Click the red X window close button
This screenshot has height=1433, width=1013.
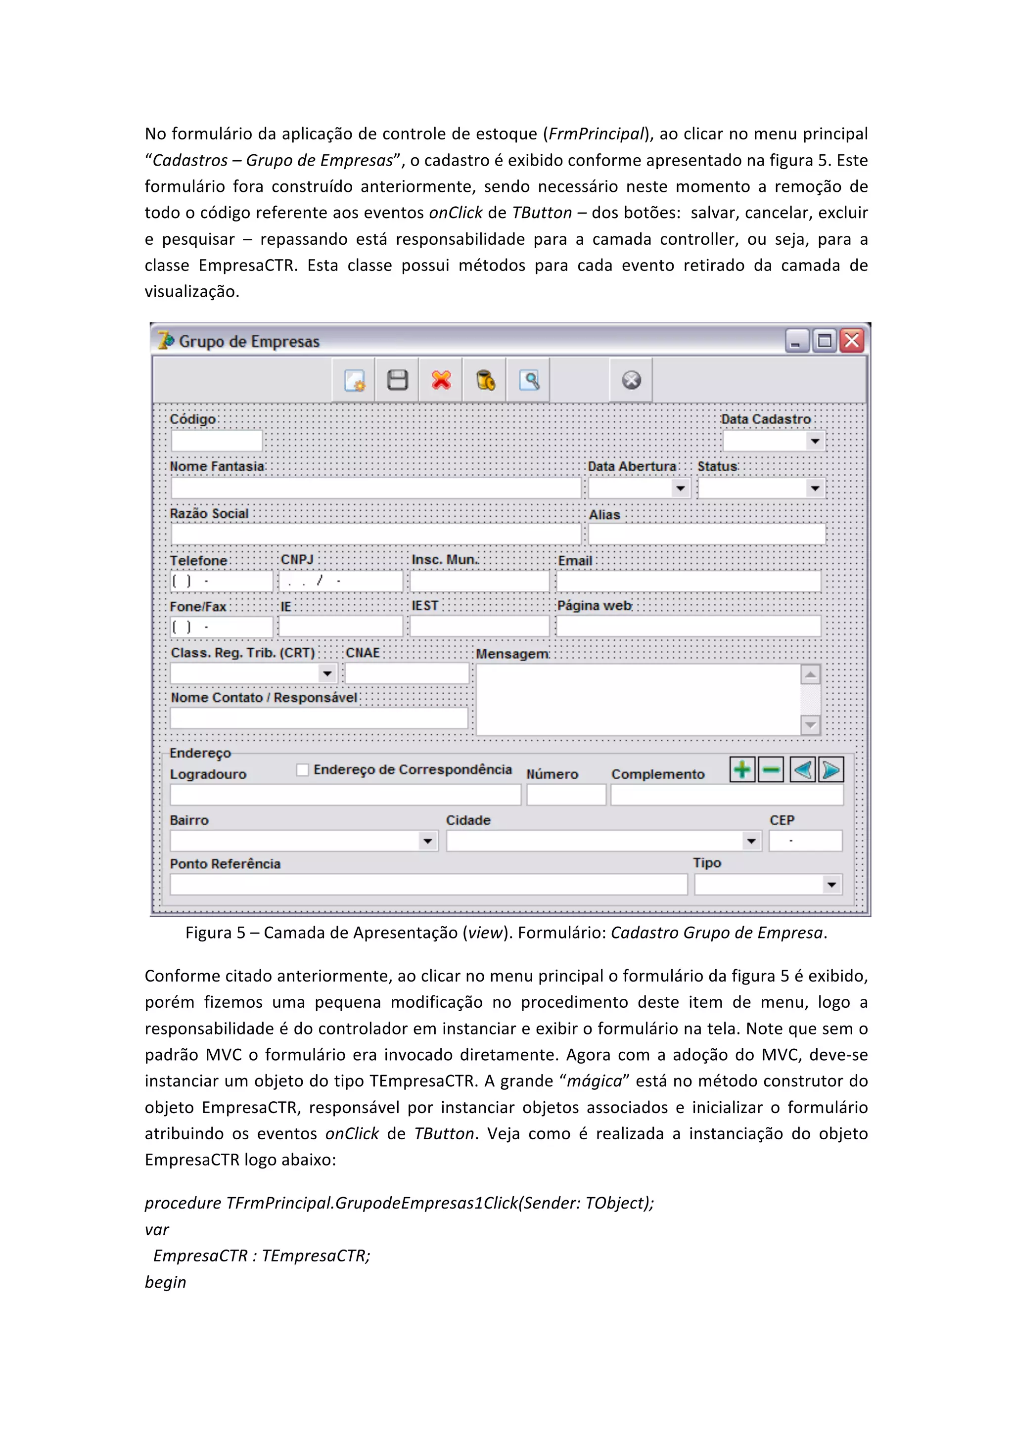point(851,341)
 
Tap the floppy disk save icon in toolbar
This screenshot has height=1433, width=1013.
point(398,380)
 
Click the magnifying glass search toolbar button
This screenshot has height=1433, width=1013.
point(529,380)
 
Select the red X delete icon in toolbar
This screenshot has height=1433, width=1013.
point(441,380)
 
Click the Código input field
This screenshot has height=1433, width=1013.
point(217,441)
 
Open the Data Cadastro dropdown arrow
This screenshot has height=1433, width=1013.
point(815,441)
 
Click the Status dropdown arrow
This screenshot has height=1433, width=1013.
point(815,488)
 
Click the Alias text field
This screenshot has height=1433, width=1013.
point(706,534)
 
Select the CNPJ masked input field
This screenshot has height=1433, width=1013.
point(341,582)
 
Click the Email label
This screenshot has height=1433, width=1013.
point(575,560)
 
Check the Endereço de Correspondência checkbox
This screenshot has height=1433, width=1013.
point(303,769)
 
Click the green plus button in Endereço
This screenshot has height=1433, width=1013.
point(742,769)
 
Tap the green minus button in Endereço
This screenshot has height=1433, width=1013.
point(771,769)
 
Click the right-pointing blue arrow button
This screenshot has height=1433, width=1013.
point(831,769)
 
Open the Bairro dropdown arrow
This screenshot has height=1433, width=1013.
point(427,841)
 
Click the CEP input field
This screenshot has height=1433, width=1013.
point(805,841)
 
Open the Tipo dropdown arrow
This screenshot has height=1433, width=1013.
point(831,885)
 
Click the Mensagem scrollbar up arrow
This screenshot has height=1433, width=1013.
point(810,674)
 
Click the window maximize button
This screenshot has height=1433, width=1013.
point(824,341)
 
